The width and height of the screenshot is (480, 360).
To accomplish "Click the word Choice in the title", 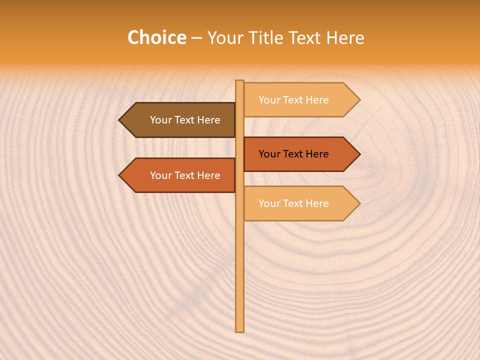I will pos(156,38).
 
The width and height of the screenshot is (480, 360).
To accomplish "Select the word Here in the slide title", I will pos(345,38).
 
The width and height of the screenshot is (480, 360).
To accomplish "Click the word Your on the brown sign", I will pos(161,120).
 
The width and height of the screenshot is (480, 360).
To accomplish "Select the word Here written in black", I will pos(317,154).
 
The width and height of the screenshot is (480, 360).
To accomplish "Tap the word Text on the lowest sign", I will pos(293,203).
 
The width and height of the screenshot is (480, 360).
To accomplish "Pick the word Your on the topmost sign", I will pos(269,100).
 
